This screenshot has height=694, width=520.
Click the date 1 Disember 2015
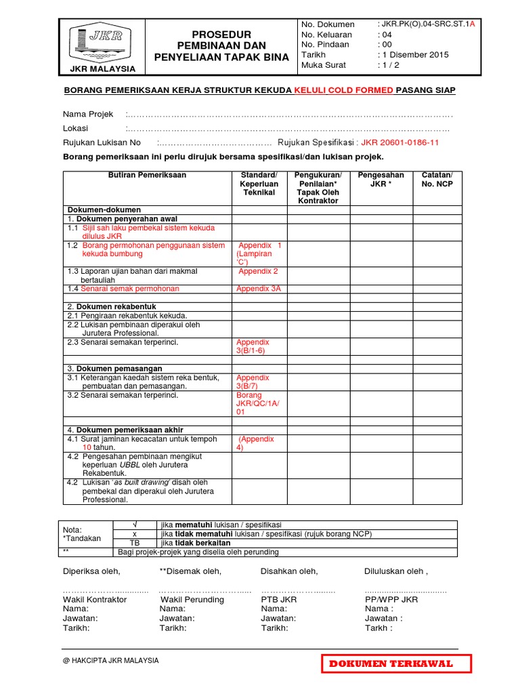pyautogui.click(x=413, y=55)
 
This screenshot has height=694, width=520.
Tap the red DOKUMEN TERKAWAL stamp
pyautogui.click(x=395, y=664)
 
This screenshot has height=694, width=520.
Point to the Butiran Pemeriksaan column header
pyautogui.click(x=147, y=176)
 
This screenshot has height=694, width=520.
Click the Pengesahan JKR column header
pyautogui.click(x=381, y=180)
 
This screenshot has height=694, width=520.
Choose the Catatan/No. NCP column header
pyautogui.click(x=437, y=180)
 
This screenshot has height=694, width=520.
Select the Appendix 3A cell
pyautogui.click(x=258, y=289)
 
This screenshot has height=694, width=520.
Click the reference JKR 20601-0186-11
pyautogui.click(x=400, y=143)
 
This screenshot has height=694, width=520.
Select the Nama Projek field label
pyautogui.click(x=88, y=114)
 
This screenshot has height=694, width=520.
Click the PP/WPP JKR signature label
pyautogui.click(x=391, y=600)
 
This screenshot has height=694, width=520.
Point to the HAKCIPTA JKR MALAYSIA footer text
pyautogui.click(x=110, y=660)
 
